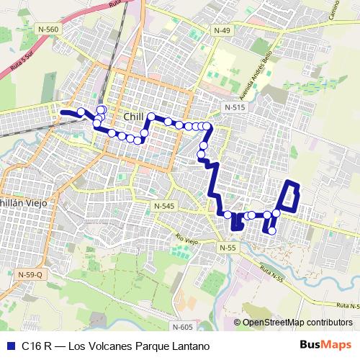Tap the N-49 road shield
pyautogui.click(x=222, y=30)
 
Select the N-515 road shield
pyautogui.click(x=235, y=107)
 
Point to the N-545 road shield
pyautogui.click(x=164, y=206)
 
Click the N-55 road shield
pyautogui.click(x=228, y=247)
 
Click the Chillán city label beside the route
pyautogui.click(x=134, y=117)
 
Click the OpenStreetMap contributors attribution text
pyautogui.click(x=297, y=323)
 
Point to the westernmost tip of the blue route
pyautogui.click(x=62, y=112)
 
